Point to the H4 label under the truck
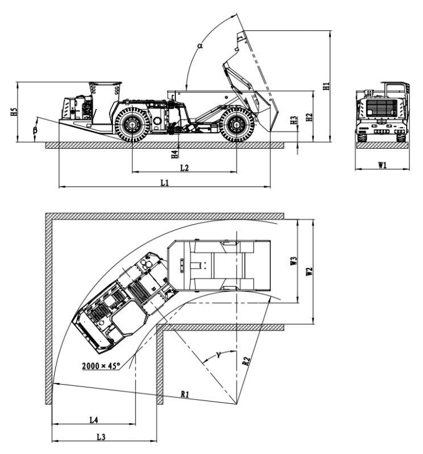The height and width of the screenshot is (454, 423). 174,154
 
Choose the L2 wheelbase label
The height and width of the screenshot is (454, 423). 184,167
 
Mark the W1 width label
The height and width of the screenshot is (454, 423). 382,166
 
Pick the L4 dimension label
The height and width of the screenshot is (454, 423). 93,420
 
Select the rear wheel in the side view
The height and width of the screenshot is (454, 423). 237,124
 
